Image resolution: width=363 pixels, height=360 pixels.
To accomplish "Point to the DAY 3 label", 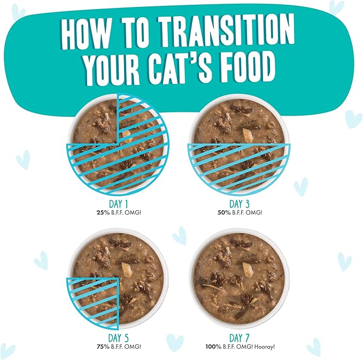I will click(x=239, y=204).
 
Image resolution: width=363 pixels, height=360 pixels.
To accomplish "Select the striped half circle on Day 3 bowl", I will click(x=239, y=163).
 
